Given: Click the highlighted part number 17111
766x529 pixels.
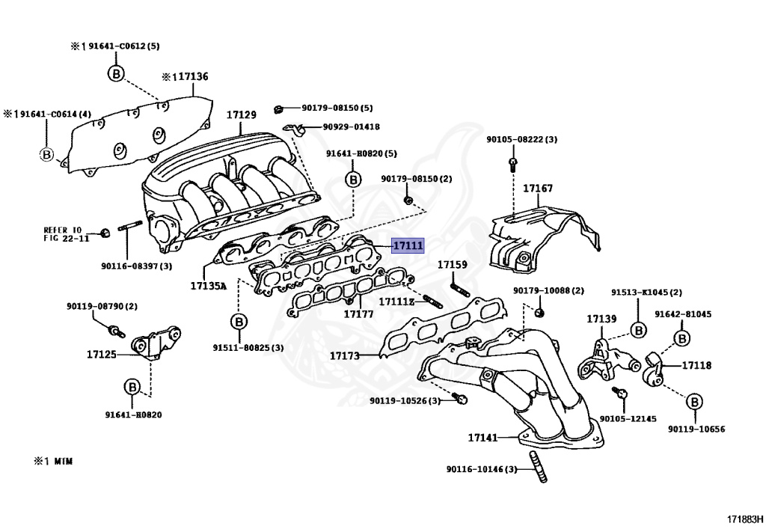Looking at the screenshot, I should [x=408, y=245].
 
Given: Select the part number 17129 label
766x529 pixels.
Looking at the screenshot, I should [x=242, y=114].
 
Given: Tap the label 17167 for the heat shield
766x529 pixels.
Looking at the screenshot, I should [x=538, y=189].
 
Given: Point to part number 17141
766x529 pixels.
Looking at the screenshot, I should [x=483, y=437].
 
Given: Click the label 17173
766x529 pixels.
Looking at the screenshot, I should [x=345, y=355].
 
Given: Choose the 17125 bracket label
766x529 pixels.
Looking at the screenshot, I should [x=102, y=354].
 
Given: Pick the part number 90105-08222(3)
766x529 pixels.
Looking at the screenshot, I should [x=521, y=139].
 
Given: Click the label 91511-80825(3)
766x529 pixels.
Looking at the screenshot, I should [x=248, y=347].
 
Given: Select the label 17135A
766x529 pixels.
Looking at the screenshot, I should [x=208, y=286].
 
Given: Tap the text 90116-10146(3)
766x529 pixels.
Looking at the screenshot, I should [x=482, y=469].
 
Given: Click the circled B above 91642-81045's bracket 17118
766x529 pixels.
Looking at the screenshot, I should [x=682, y=339].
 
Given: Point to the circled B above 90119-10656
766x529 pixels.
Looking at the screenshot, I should [x=694, y=403].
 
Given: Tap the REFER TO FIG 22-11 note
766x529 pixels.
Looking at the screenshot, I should [x=66, y=233].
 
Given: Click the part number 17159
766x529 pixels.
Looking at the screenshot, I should [x=453, y=264].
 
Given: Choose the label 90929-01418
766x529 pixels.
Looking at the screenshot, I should [x=351, y=127].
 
